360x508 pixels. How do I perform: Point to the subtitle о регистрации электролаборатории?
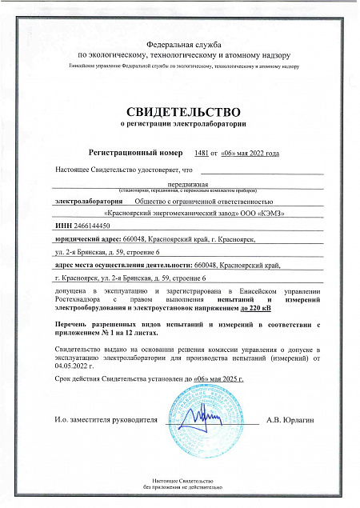180,126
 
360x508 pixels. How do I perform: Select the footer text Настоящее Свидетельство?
180,478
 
